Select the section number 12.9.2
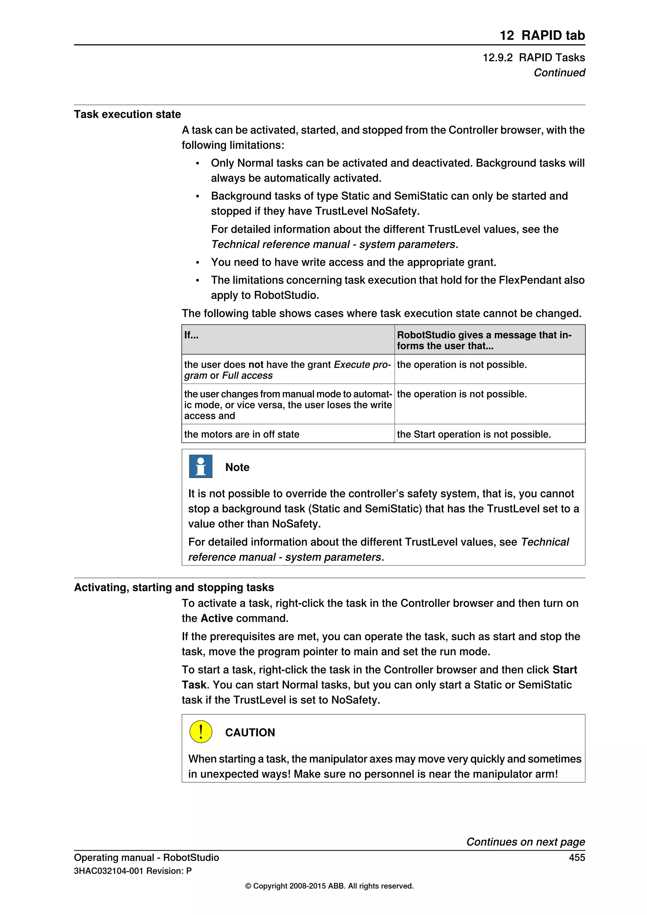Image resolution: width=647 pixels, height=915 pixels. point(497,58)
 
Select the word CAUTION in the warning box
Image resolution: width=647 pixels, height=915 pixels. point(250,732)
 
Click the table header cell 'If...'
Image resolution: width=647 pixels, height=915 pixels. point(191,335)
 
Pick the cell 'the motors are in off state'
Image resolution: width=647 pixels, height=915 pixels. point(241,434)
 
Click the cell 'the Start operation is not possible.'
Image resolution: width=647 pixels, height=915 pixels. point(473,434)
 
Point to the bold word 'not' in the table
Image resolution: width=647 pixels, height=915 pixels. point(256,365)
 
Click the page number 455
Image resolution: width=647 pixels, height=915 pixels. point(577,857)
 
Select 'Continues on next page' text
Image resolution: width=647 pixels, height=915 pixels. point(525,842)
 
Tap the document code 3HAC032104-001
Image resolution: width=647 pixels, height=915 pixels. point(108,871)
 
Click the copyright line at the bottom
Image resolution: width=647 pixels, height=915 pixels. point(329,886)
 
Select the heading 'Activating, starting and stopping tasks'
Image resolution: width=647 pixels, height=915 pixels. point(174,587)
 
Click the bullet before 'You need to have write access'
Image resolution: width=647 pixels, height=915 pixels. point(197,263)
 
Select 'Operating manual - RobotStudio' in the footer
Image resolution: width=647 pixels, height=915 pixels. point(146,857)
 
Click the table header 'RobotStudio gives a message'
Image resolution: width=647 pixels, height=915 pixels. point(484,335)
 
